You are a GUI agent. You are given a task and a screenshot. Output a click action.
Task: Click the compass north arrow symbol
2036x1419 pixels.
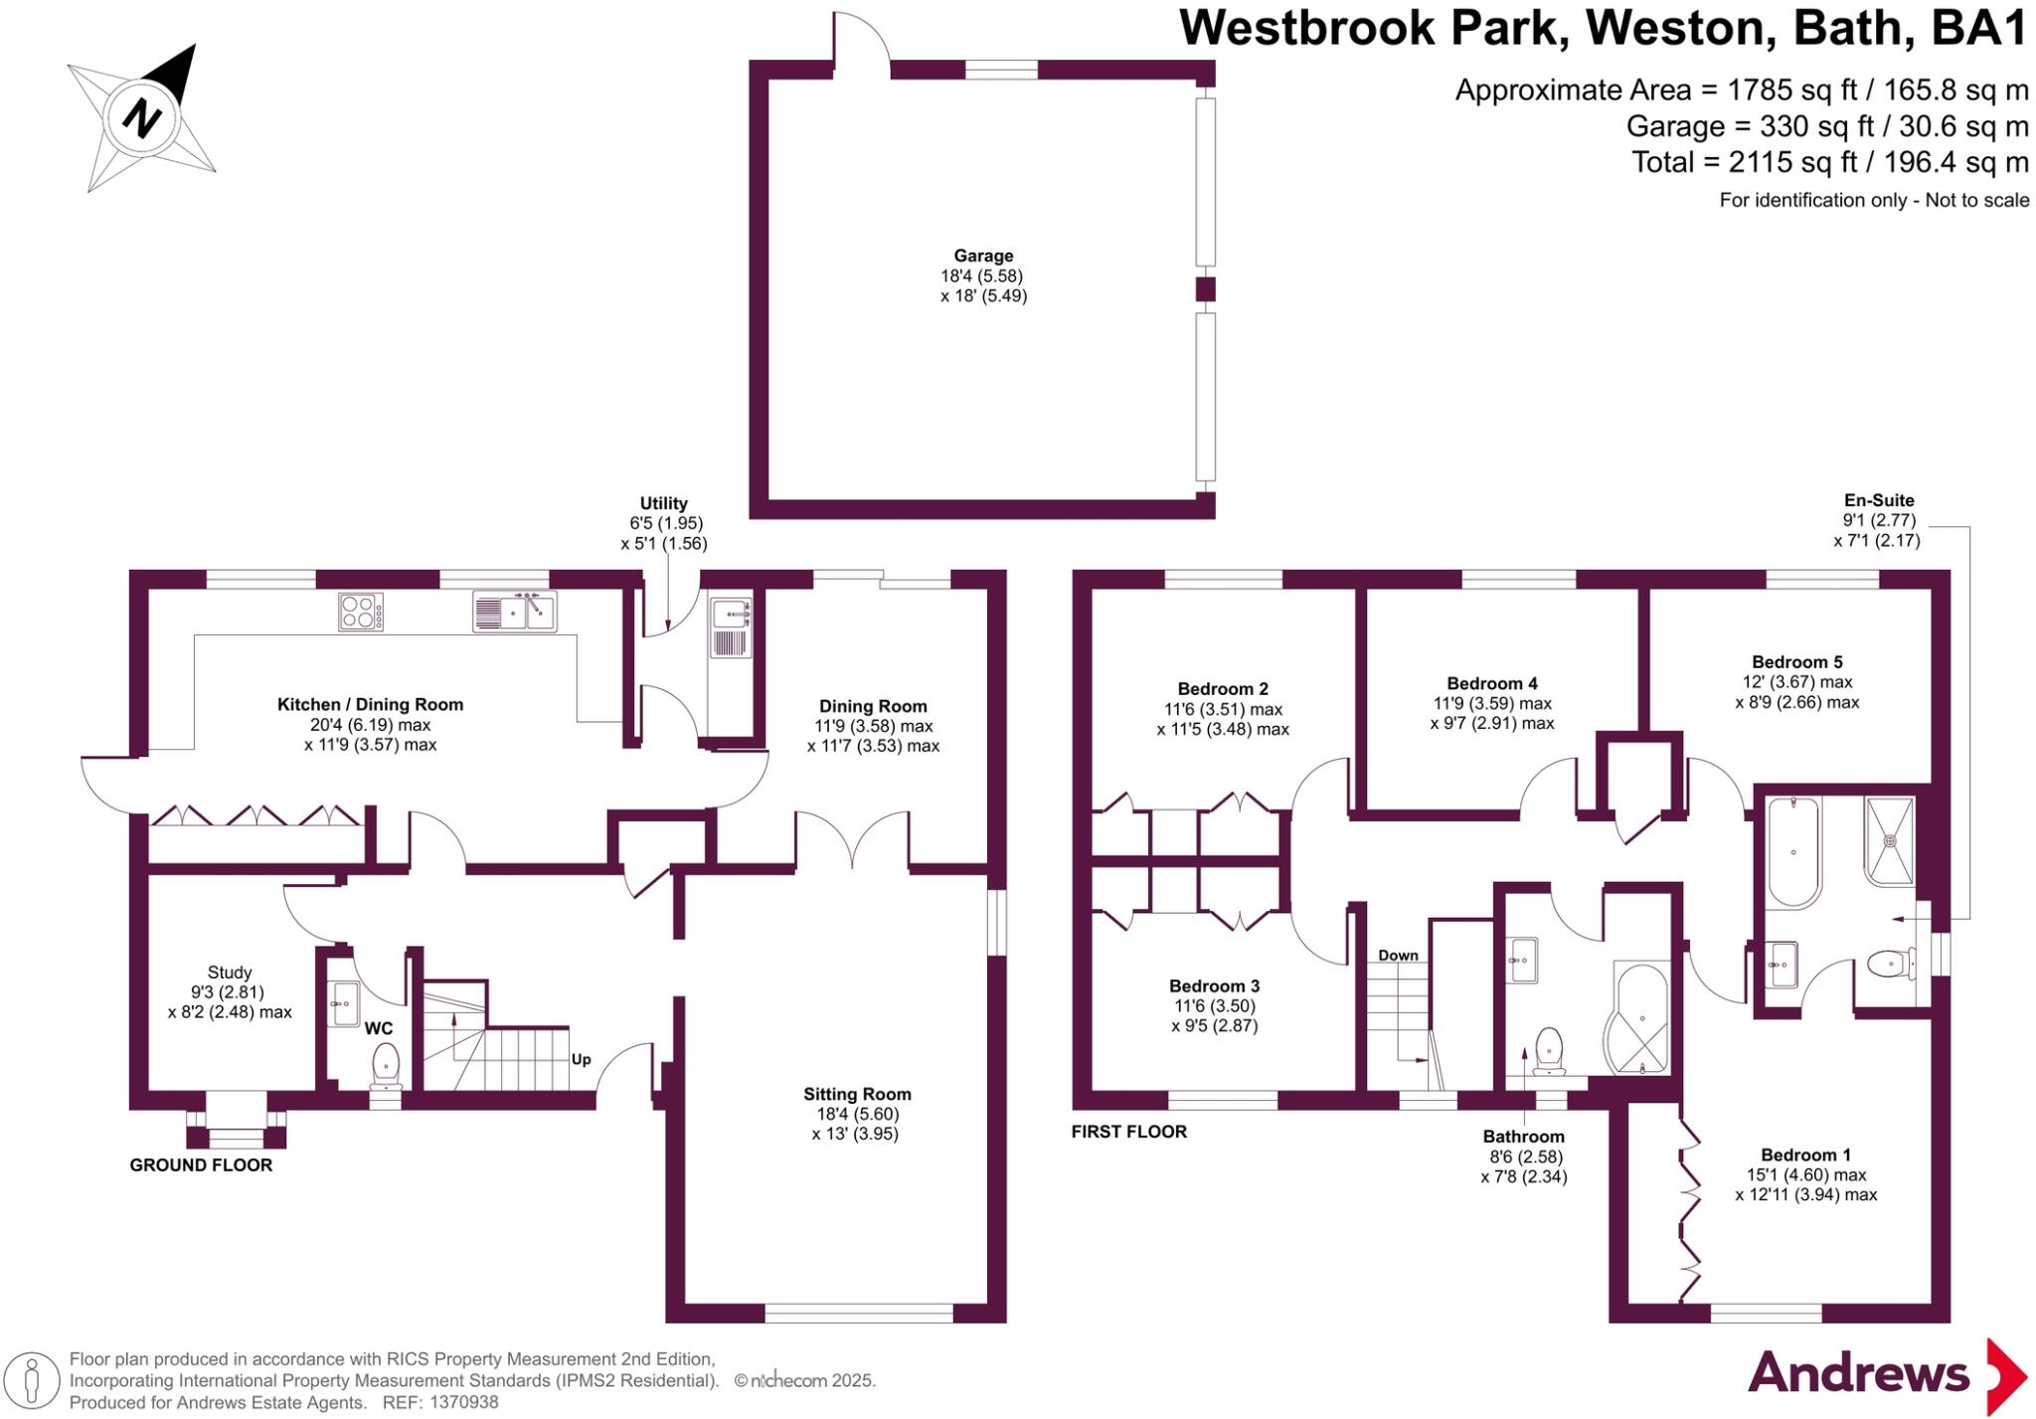(142, 117)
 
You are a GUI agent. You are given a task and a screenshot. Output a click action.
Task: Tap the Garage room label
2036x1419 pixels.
(983, 256)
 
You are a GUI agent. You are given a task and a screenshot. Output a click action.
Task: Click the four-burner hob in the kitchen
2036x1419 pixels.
(360, 612)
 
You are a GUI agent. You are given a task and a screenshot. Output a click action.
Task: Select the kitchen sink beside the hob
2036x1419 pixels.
(514, 612)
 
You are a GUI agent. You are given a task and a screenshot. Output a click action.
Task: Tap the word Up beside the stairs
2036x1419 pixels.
(582, 1059)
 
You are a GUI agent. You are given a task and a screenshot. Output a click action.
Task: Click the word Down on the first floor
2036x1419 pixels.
(1398, 956)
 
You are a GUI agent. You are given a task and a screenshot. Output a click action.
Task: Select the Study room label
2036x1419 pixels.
(230, 973)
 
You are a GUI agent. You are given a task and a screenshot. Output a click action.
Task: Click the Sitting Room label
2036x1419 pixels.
(857, 1094)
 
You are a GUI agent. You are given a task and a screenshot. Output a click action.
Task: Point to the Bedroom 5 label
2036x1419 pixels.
(1797, 662)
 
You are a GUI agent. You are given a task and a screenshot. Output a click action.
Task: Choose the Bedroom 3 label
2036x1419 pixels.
(1214, 986)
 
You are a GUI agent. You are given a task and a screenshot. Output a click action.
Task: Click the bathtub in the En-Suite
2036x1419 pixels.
(1793, 852)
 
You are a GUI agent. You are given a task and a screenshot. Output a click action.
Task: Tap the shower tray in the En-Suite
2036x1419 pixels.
(1889, 840)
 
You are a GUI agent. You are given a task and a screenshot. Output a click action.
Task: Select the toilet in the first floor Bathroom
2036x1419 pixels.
(1549, 1050)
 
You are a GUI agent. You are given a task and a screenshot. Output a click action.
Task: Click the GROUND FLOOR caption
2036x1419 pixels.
(201, 1165)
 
